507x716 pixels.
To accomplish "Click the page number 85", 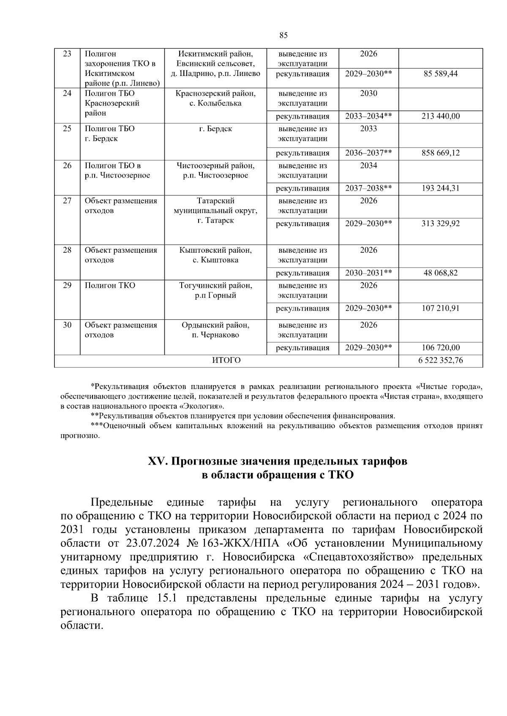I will pos(283,35).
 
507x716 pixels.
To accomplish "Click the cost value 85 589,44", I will pos(440,74).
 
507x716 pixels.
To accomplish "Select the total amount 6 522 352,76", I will pos(440,360).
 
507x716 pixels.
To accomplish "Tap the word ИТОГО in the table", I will pos(226,360).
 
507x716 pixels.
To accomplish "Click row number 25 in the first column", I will pos(67,129).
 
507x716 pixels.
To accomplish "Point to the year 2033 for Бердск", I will pos(368,129).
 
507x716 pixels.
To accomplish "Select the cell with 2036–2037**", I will pos(368,153).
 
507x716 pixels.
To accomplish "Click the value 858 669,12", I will pos(440,153).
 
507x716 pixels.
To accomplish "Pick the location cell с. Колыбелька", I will pos(215,103).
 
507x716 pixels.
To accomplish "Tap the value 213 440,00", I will pos(440,116).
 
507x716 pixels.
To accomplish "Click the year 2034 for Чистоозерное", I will pos(368,165).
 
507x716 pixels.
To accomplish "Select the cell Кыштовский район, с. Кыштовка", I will pos(215,255).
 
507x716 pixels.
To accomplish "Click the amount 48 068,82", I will pos(440,273).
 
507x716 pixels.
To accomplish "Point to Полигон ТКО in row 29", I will pos(110,286).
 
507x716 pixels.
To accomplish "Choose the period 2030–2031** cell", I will pos(368,273).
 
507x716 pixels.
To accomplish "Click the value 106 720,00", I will pos(440,348).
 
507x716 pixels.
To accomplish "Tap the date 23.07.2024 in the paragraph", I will pos(150,543).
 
